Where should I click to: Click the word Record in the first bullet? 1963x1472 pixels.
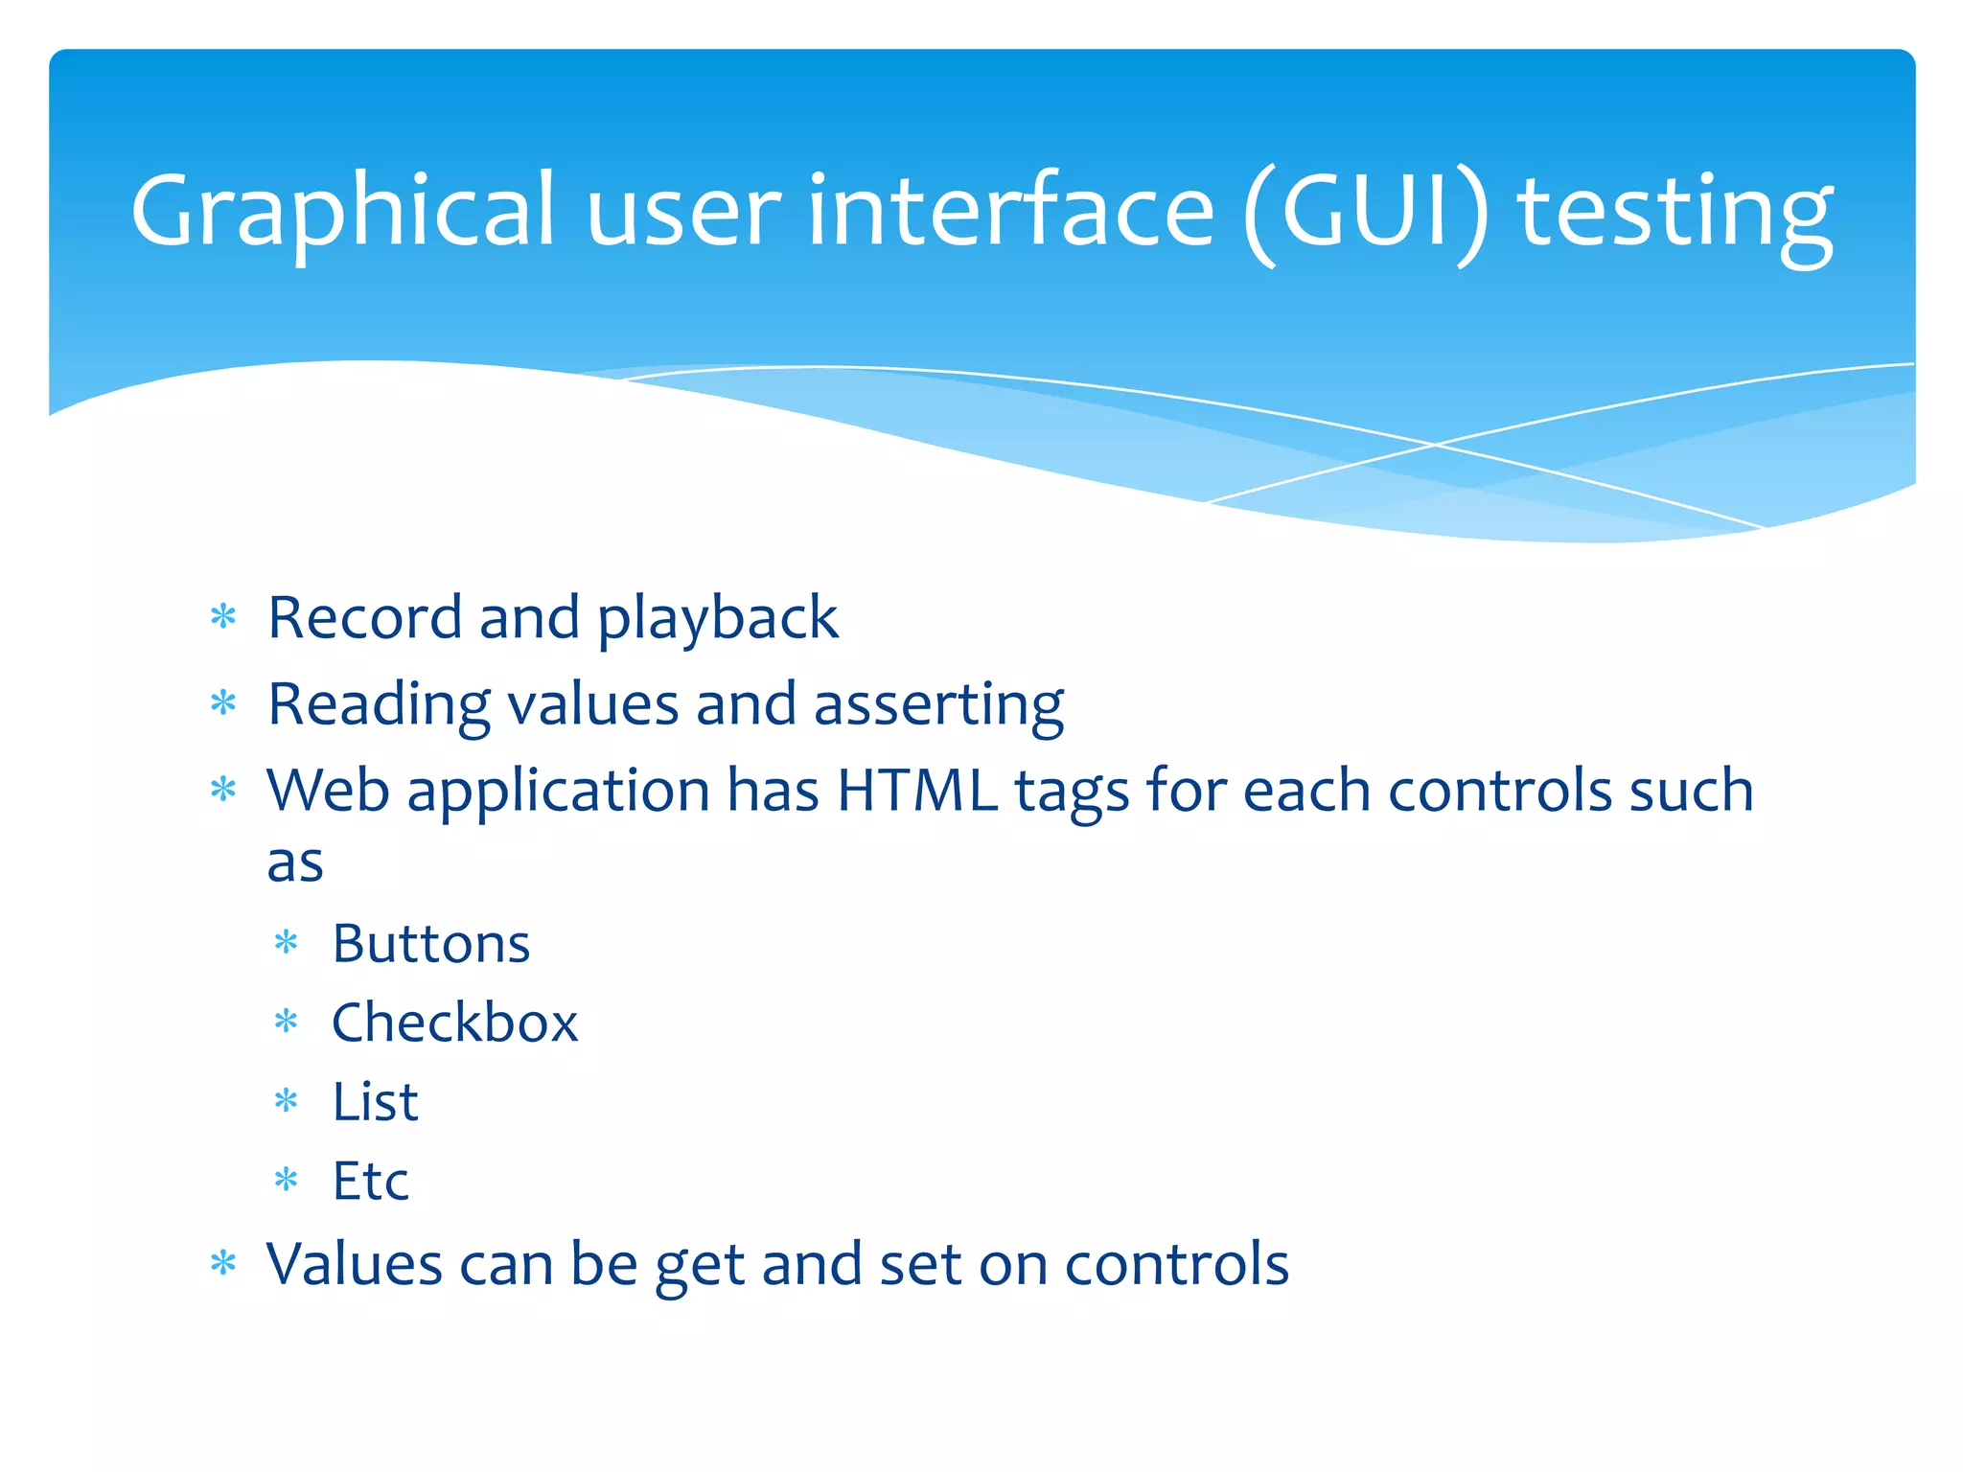click(364, 617)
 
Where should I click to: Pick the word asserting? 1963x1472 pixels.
click(938, 705)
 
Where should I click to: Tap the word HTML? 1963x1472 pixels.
click(916, 791)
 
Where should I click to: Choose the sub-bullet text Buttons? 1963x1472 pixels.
click(430, 944)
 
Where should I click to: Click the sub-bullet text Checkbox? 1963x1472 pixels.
click(454, 1023)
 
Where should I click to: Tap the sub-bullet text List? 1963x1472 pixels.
click(375, 1101)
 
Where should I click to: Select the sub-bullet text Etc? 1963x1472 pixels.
click(370, 1181)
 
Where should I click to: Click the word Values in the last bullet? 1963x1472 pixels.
click(354, 1264)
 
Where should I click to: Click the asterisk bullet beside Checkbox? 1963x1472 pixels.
click(287, 1022)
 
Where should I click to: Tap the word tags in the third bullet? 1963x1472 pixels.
click(1072, 793)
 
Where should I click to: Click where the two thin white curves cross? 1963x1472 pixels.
click(1435, 445)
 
